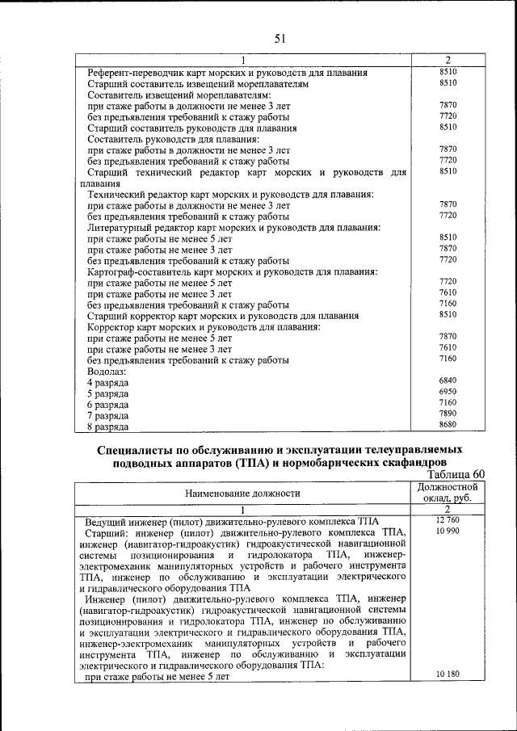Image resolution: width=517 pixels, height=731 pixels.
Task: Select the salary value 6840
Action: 448,380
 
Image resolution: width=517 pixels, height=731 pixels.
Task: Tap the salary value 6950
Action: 448,391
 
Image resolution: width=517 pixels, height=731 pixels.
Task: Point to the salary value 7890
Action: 448,413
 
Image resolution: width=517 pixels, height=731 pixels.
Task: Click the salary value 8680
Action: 448,424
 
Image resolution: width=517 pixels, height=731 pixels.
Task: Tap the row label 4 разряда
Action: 107,382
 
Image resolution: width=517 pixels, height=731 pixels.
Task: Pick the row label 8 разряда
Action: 107,426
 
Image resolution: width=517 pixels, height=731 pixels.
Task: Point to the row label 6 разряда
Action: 107,404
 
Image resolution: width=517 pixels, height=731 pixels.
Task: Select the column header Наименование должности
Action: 242,492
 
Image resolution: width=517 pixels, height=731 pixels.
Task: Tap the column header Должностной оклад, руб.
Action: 448,493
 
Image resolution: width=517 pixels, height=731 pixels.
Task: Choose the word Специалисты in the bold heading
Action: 136,449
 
